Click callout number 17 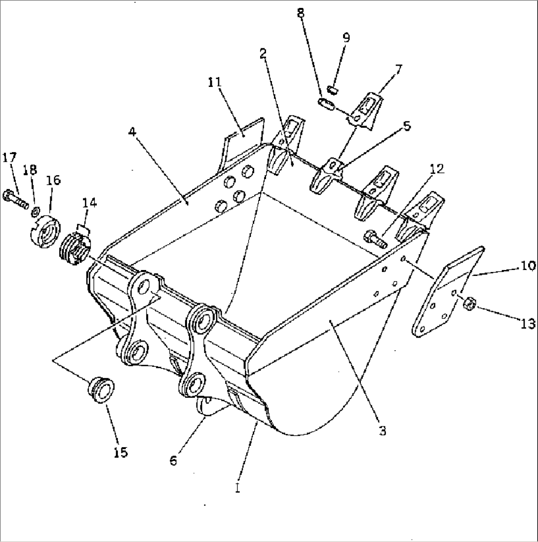[x=9, y=158]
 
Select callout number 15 [x=120, y=451]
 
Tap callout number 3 [x=382, y=431]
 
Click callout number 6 [x=173, y=461]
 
